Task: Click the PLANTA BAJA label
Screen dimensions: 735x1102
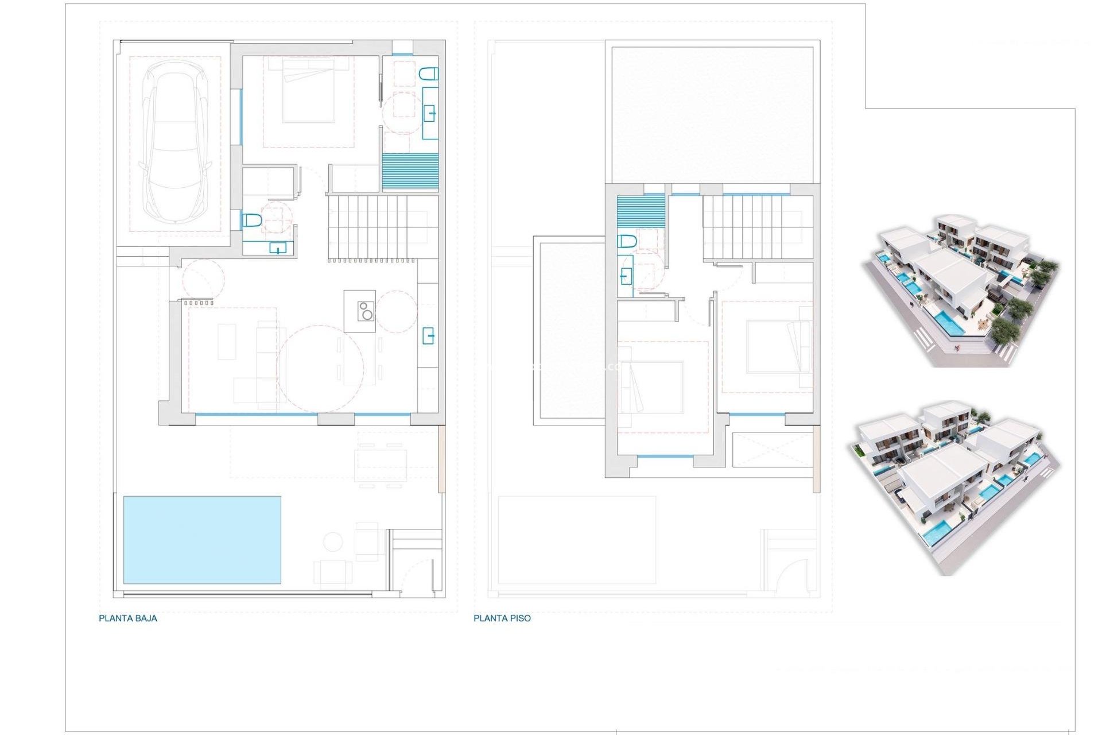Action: point(128,618)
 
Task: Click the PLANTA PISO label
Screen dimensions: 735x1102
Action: point(502,618)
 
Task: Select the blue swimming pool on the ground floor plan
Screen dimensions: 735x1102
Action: point(202,540)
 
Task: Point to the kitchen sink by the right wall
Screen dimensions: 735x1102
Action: point(428,335)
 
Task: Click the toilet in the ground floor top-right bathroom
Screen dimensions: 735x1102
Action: point(429,74)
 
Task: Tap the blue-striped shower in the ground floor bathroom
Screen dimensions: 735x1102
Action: point(410,172)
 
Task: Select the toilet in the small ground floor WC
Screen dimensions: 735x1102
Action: point(251,220)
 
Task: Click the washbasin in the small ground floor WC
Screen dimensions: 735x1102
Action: point(278,249)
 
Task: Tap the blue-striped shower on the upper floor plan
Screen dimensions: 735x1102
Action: point(641,211)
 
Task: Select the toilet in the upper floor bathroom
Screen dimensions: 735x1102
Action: point(627,241)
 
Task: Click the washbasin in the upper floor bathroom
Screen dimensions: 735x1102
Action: point(626,277)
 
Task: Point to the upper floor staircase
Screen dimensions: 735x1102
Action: point(752,227)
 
